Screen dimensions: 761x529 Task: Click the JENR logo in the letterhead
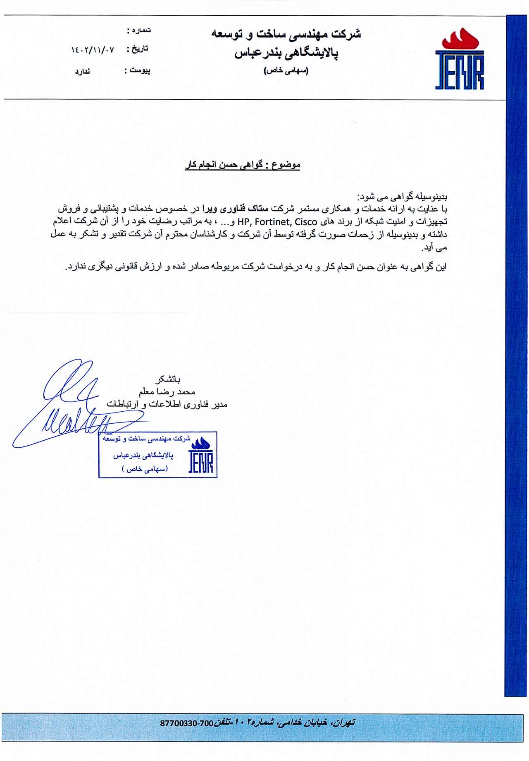(x=460, y=60)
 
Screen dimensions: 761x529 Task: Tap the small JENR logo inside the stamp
(x=201, y=455)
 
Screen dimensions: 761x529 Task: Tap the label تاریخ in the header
(x=140, y=49)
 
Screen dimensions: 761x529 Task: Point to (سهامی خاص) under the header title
(x=286, y=71)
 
